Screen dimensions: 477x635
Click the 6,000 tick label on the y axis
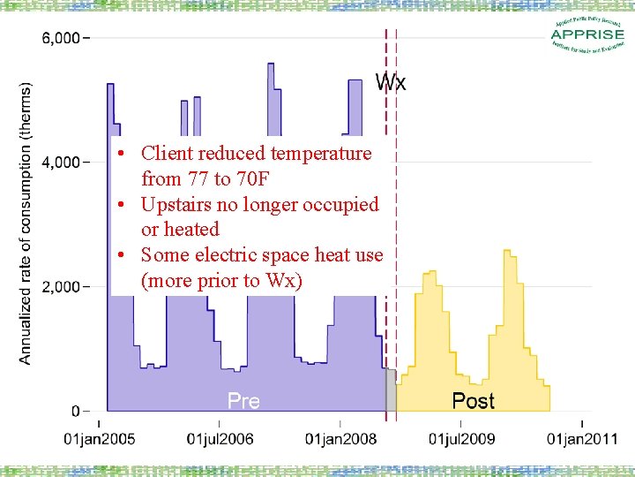[x=60, y=39]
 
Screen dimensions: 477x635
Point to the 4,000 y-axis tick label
[x=60, y=163]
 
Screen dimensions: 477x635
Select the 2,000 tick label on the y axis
[x=60, y=287]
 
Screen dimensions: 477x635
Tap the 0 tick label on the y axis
[x=75, y=411]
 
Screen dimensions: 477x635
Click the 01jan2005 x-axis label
[x=100, y=438]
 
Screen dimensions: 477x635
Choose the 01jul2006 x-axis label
[x=220, y=438]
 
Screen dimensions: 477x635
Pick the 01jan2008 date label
[x=340, y=438]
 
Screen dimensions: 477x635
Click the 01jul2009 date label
[x=461, y=438]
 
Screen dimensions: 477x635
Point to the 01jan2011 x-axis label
[x=581, y=438]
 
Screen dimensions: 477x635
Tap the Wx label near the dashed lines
[x=391, y=83]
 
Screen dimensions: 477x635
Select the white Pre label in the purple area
[x=243, y=401]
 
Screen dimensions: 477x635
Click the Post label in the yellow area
[x=473, y=401]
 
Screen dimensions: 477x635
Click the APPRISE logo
[x=586, y=35]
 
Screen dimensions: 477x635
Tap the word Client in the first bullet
[x=168, y=154]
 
